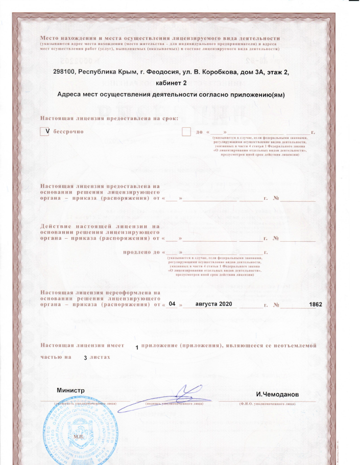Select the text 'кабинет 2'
pos(171,83)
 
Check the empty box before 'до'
pos(187,132)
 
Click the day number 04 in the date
pos(172,304)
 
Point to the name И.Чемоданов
pos(277,394)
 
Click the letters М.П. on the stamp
pos(79,437)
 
